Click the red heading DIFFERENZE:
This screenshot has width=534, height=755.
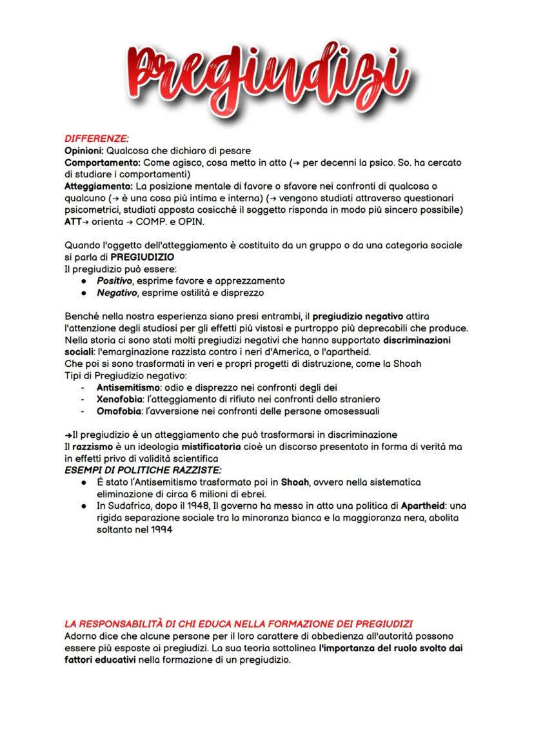point(97,138)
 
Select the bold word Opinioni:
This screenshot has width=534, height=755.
point(84,150)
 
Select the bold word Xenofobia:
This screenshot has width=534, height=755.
point(121,399)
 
